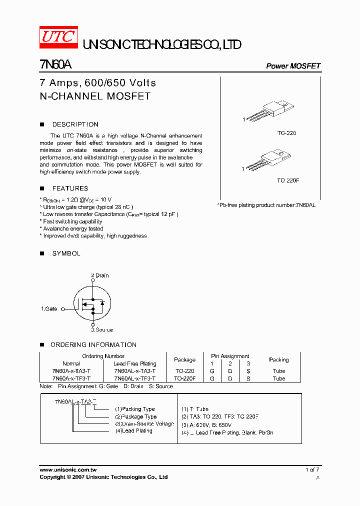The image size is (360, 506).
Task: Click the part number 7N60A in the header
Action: (55, 65)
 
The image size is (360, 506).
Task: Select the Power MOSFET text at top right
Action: (293, 66)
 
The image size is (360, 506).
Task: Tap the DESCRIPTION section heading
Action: (75, 124)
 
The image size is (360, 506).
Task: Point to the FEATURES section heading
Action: (70, 188)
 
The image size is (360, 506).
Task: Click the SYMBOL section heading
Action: (66, 253)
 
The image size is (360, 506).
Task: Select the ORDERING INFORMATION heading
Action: (93, 344)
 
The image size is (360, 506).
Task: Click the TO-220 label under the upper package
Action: (286, 133)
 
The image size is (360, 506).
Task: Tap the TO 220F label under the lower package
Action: (288, 180)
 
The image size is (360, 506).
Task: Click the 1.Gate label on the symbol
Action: (49, 309)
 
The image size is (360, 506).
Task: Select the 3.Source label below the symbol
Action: (101, 329)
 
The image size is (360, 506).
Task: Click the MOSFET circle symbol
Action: (92, 303)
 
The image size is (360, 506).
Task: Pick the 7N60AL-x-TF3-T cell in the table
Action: (134, 378)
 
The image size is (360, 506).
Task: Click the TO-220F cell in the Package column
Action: (184, 378)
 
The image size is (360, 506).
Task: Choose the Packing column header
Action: (278, 359)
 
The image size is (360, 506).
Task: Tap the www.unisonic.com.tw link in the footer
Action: (68, 470)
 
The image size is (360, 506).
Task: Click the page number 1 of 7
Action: (312, 470)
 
